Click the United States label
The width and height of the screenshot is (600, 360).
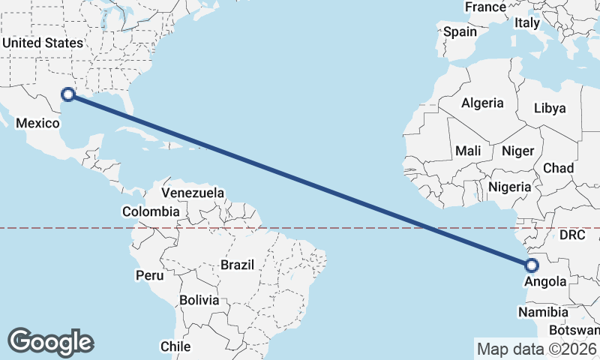coord(42,43)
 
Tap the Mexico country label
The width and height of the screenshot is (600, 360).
coord(37,123)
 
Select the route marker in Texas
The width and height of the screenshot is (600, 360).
coord(68,94)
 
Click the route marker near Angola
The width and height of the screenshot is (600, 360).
coord(531,265)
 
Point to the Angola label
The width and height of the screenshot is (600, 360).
coord(545,282)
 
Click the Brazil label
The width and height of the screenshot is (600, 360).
coord(238,265)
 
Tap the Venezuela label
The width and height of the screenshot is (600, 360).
coord(193,193)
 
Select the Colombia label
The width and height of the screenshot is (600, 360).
coord(151,211)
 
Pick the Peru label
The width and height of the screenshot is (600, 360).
coord(149,275)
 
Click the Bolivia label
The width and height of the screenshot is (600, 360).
coord(199,300)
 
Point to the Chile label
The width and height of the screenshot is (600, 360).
coord(175,346)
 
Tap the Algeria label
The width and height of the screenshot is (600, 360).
coord(482,103)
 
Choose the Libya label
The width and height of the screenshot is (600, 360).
coord(550,108)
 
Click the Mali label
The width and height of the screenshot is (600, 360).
coord(468,151)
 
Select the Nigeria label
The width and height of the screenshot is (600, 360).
coord(510,187)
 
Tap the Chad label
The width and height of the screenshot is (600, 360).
coord(558,168)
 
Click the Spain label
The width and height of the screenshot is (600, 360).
coord(460,31)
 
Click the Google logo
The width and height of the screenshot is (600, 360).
coord(50,342)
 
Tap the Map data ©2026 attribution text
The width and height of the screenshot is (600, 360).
coord(537,349)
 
